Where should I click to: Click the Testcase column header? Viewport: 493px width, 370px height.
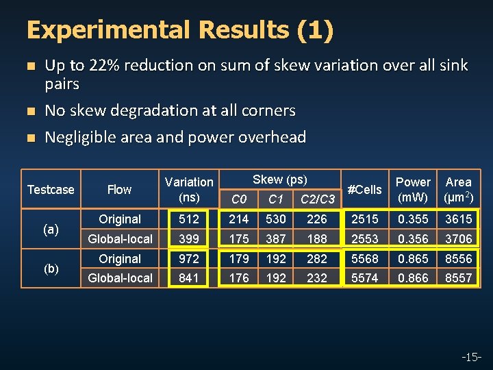50,189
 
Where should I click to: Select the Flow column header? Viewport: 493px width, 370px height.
119,189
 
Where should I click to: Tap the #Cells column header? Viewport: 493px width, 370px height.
365,189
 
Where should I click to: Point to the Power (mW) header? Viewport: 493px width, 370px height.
413,190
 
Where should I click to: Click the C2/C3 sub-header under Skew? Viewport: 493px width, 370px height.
318,199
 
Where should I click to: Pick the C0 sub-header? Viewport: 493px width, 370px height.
239,199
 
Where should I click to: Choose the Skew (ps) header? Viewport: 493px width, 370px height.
279,180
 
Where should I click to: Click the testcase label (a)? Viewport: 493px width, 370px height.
50,230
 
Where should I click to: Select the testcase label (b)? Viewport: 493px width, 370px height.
50,269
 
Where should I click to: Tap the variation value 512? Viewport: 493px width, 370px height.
188,219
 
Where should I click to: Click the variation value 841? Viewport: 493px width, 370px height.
188,277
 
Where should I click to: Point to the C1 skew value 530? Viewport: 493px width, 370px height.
276,219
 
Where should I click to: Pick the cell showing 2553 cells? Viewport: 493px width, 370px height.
365,238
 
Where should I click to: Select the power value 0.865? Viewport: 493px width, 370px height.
413,259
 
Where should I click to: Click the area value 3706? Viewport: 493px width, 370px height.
458,238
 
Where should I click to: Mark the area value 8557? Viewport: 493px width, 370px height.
458,277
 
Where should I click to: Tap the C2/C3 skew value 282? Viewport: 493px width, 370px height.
317,259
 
